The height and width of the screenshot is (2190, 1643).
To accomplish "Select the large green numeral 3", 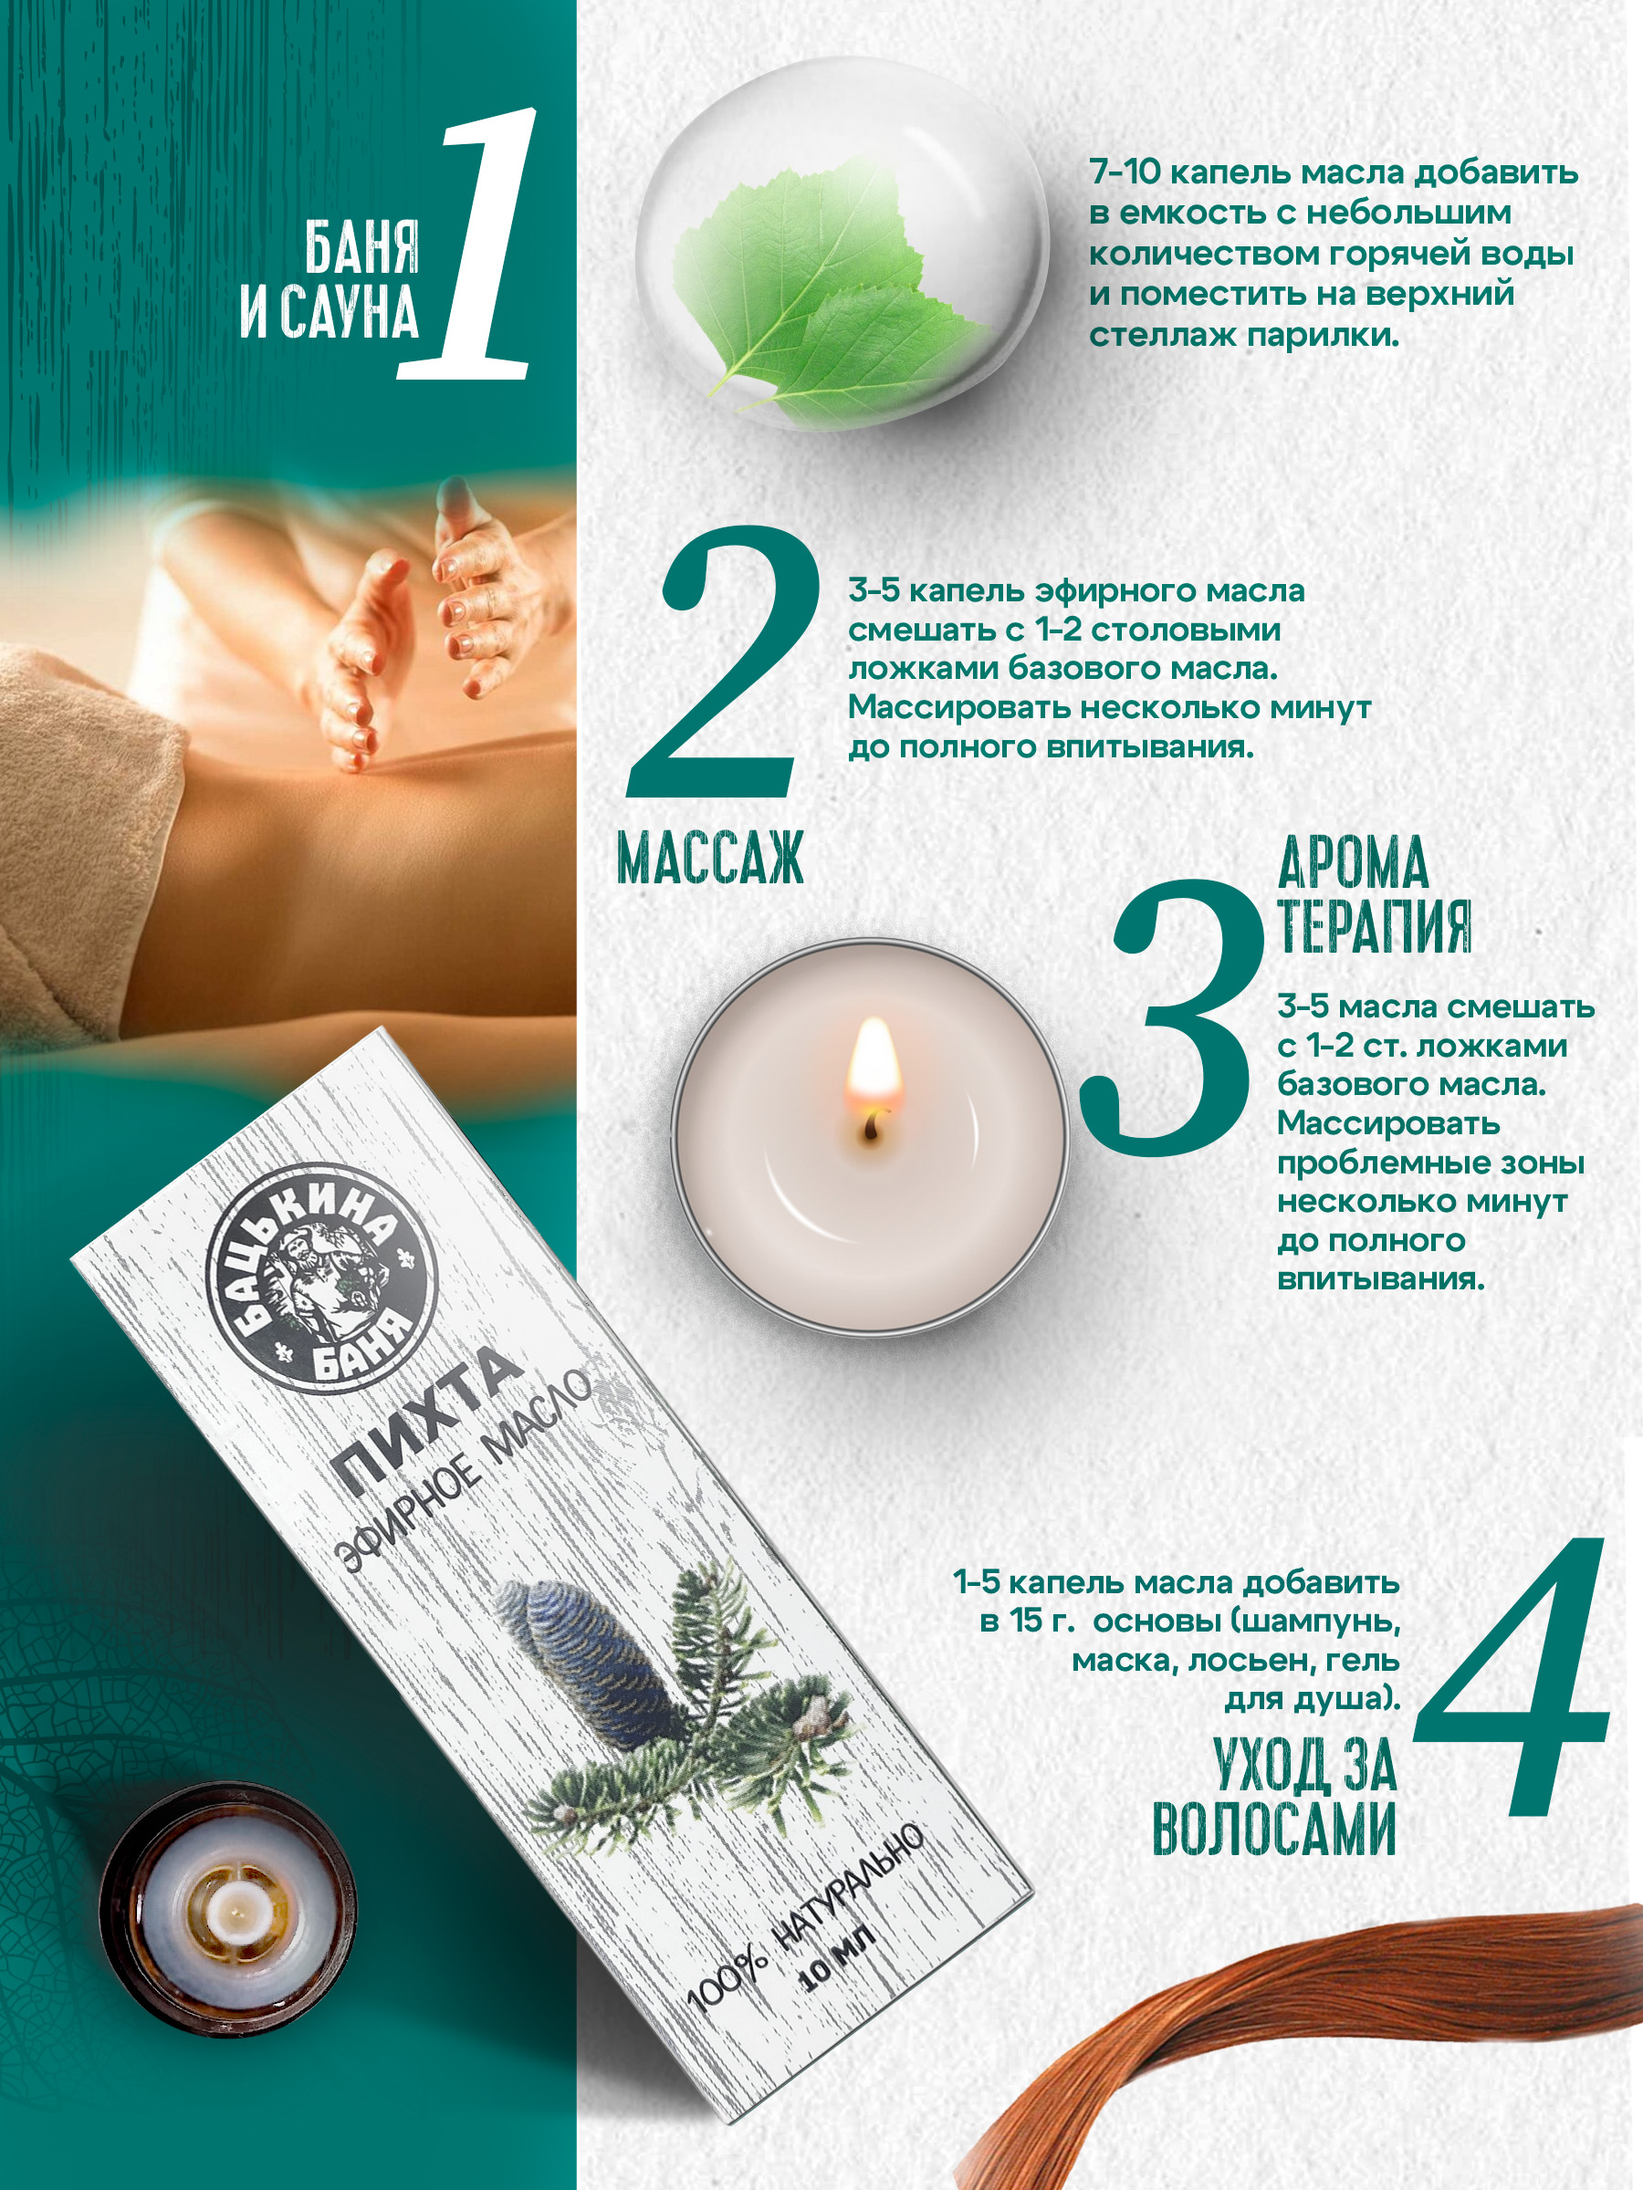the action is click(1174, 1017).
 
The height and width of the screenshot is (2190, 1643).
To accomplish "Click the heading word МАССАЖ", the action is click(710, 858).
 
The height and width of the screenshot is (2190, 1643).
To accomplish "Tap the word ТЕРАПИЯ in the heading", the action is click(1375, 925).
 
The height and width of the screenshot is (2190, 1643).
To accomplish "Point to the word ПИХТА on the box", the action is click(428, 1421).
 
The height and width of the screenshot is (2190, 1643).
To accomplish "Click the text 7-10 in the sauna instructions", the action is click(1124, 172).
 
